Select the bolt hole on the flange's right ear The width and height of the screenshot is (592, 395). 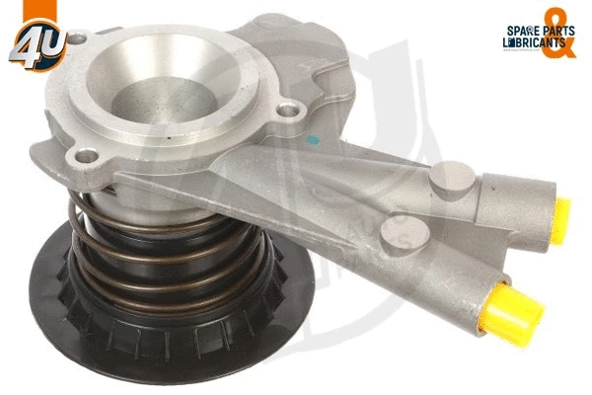point(287,111)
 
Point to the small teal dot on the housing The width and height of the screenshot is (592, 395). point(313,140)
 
